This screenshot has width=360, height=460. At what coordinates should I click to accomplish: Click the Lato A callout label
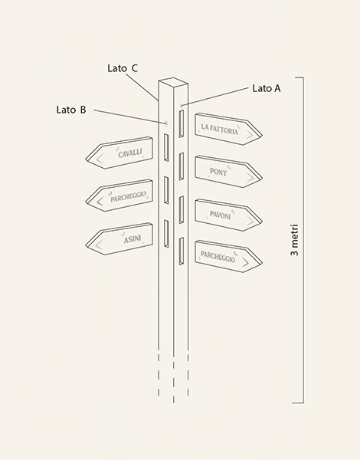coord(267,88)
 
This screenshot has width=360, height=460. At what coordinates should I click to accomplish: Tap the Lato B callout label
coord(71,110)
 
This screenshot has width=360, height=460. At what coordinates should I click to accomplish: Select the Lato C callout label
coord(123,68)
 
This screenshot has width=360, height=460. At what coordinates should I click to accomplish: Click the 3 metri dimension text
coord(294,240)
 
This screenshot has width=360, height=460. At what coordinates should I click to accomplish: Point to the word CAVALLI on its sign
coord(130,153)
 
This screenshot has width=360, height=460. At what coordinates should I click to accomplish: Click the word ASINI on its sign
coord(133,239)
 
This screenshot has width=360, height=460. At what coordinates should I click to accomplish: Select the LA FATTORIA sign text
coord(220,129)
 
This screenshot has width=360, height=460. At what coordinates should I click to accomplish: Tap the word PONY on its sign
coord(218,172)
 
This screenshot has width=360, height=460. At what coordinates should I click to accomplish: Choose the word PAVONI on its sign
coord(220,215)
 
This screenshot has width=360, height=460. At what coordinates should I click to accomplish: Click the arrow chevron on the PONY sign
coord(250,177)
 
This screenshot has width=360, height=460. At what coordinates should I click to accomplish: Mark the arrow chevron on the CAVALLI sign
coord(100,159)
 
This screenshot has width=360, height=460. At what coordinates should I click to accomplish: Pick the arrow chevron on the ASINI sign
coord(100,245)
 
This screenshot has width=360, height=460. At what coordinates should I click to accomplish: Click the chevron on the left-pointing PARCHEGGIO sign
coord(100,202)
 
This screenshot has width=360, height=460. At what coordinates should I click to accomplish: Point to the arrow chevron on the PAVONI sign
coord(250,221)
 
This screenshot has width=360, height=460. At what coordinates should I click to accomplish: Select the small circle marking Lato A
coord(182,105)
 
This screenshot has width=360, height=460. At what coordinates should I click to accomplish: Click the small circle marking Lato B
coord(166,123)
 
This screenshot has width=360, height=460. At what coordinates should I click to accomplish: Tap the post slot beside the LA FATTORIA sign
coord(182,123)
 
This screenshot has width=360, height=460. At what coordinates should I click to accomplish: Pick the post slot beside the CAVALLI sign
coord(166,147)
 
